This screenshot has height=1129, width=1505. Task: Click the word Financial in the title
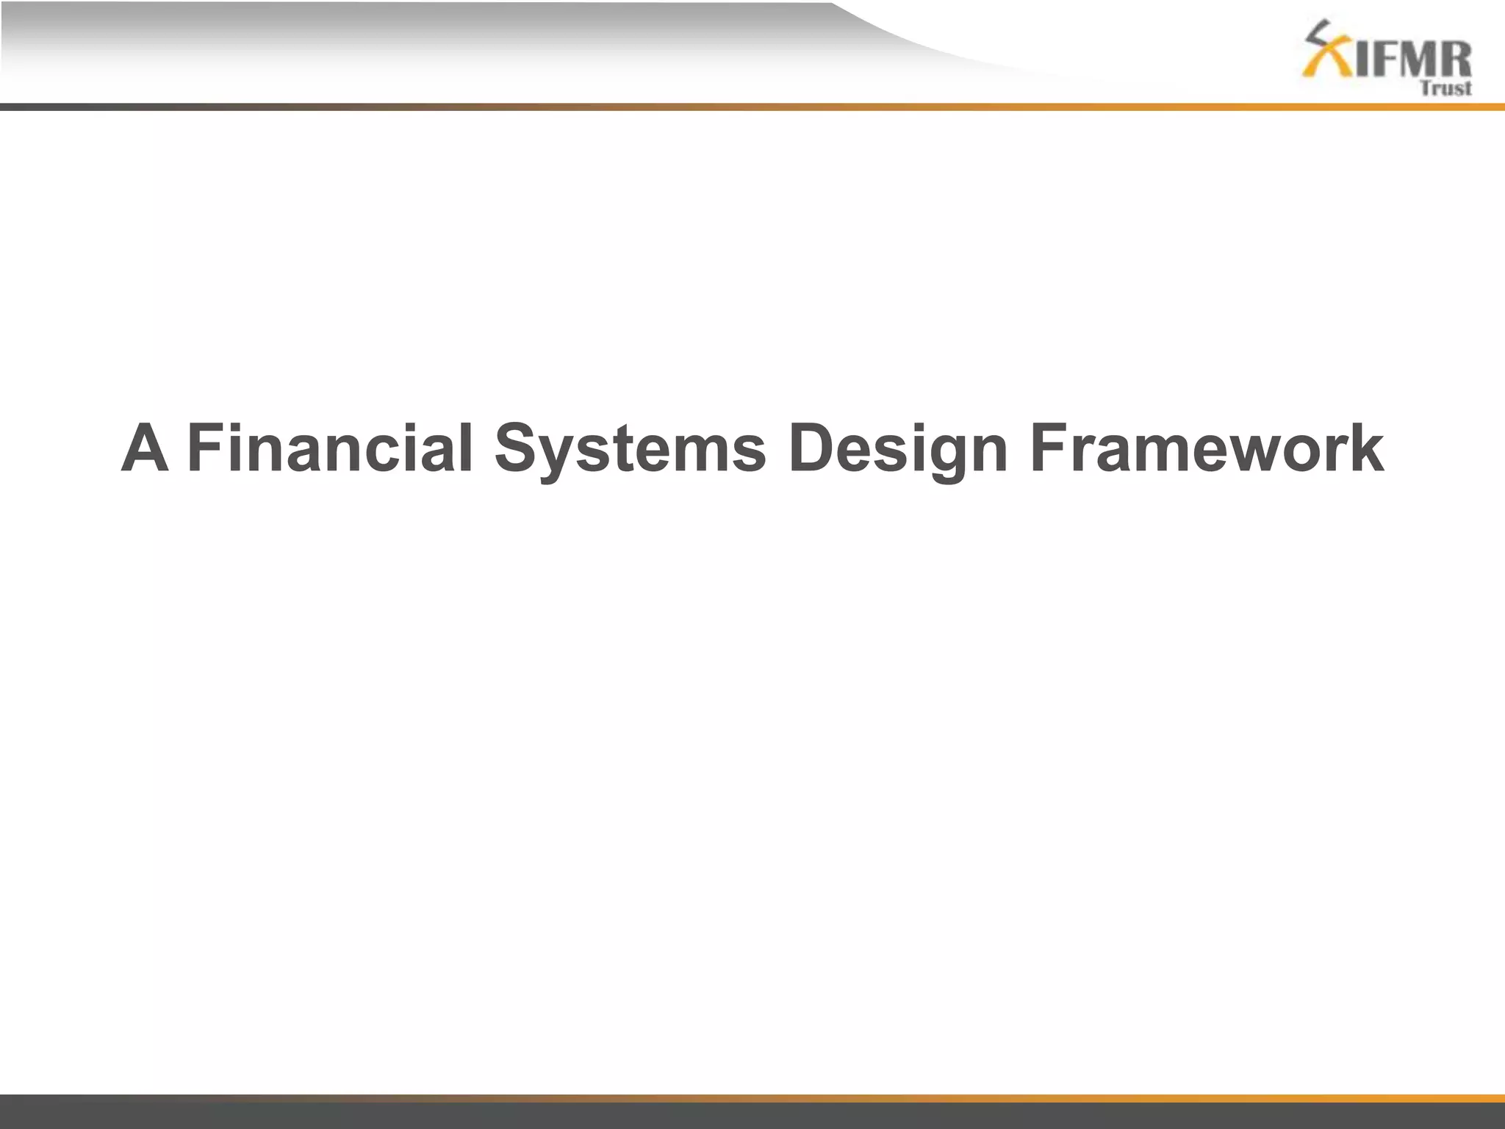coord(331,448)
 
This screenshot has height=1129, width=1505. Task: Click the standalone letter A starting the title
coord(145,448)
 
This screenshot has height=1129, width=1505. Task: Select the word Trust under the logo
coord(1445,89)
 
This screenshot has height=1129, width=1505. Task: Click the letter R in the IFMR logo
coord(1454,59)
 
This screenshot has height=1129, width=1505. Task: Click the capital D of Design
coord(811,448)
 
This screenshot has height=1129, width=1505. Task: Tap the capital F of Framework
coord(1048,448)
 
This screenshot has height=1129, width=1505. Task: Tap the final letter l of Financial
coord(466,448)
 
